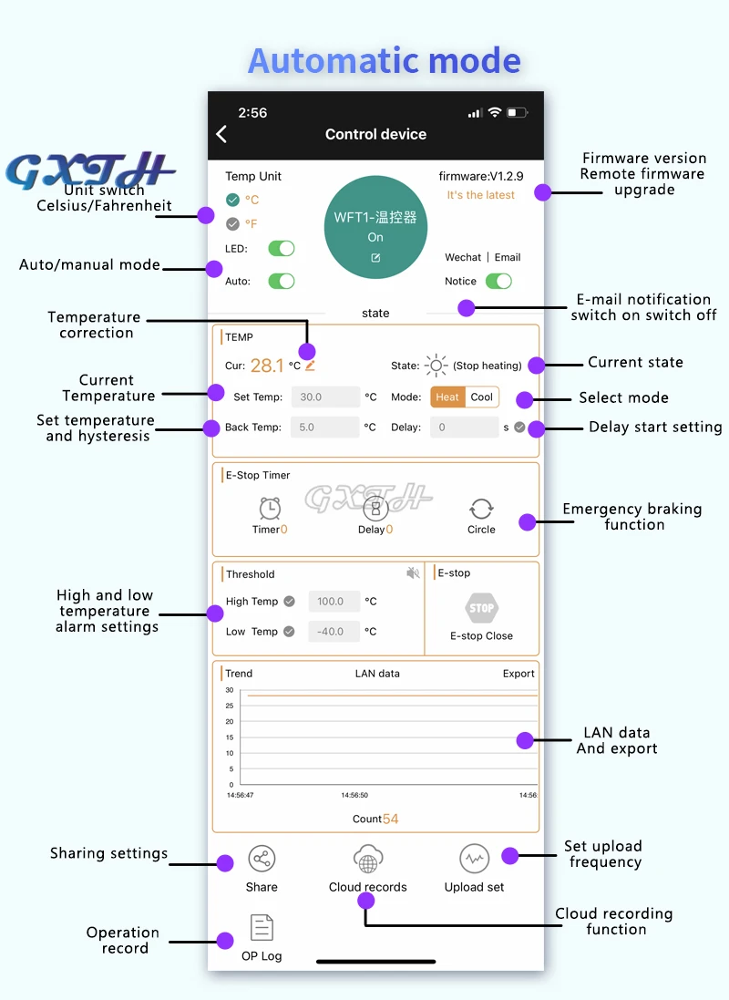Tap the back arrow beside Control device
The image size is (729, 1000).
point(221,134)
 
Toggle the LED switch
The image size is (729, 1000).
point(281,249)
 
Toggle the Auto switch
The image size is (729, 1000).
point(281,281)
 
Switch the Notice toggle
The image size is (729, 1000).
point(498,281)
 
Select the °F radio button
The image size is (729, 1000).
point(232,223)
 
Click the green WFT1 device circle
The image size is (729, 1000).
point(375,225)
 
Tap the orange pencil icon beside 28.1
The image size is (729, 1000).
point(310,366)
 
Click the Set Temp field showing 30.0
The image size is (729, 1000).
point(325,397)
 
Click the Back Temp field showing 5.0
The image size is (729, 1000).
point(325,427)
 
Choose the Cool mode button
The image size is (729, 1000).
point(482,397)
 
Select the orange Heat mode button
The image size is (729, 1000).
point(447,397)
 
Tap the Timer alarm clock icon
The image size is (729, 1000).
point(270,509)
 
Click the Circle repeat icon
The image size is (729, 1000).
point(481,509)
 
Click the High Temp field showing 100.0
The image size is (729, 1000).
point(334,602)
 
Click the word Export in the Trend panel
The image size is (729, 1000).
point(519,674)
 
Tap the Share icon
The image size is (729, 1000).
point(262,859)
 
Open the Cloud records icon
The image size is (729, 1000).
point(368,860)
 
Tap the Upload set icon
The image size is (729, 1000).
point(474,859)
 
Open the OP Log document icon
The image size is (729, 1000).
point(262,928)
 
